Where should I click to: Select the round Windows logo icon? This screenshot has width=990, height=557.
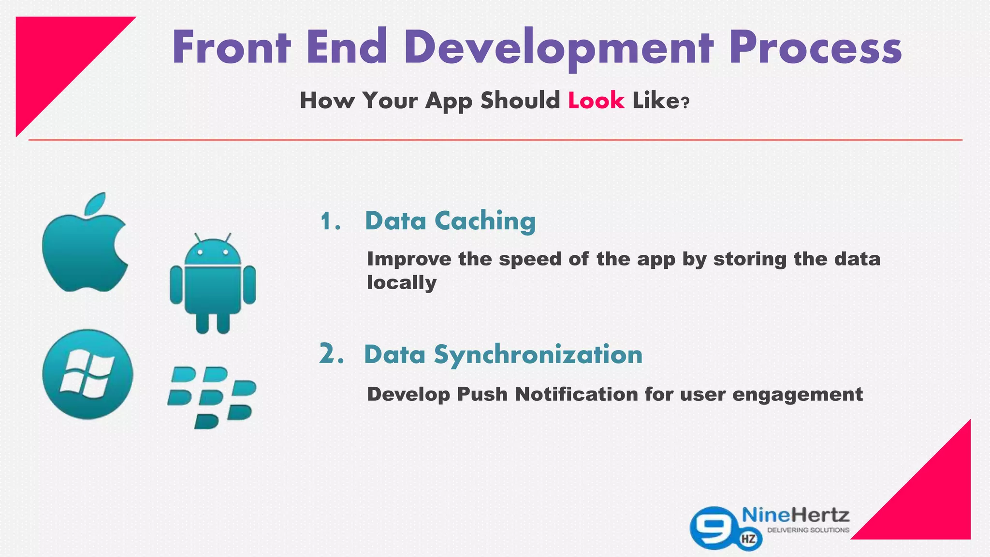pyautogui.click(x=87, y=374)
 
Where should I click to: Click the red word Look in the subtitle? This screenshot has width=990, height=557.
pyautogui.click(x=596, y=101)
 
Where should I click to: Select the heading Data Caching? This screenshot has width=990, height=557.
pyautogui.click(x=450, y=221)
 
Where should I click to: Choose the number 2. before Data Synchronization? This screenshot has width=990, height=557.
pyautogui.click(x=331, y=354)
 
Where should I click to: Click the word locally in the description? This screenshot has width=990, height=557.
pyautogui.click(x=401, y=282)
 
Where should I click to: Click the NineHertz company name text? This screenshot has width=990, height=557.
pyautogui.click(x=795, y=515)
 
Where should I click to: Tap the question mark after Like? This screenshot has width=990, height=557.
pyautogui.click(x=684, y=103)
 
